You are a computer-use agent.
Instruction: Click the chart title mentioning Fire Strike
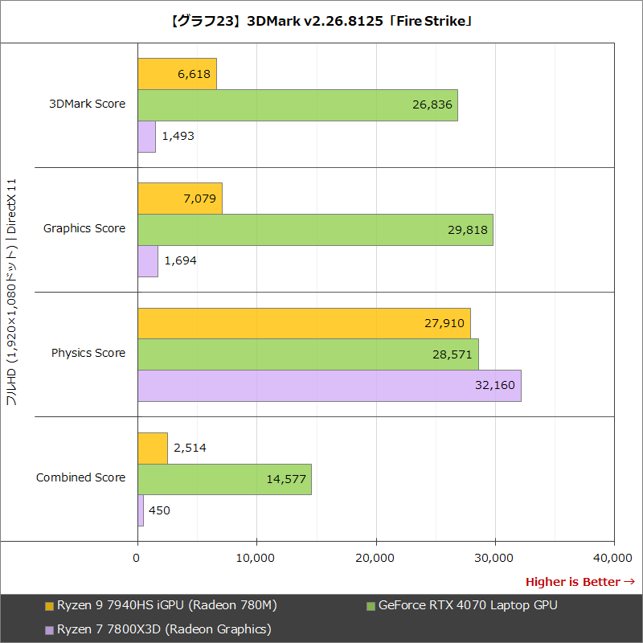[x=321, y=21]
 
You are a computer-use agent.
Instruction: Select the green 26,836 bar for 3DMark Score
[x=297, y=105]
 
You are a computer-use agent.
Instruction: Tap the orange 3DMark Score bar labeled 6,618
[x=177, y=74]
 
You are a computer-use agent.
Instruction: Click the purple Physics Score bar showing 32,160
[x=330, y=385]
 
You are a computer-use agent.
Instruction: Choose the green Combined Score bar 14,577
[x=224, y=479]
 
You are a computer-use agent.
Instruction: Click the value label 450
[x=159, y=510]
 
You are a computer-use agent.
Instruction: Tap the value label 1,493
[x=178, y=136]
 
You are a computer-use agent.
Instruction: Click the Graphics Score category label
[x=84, y=228]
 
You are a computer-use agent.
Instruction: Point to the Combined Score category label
[x=80, y=477]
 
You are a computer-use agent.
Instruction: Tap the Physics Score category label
[x=88, y=353]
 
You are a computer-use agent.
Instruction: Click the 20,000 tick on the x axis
[x=375, y=557]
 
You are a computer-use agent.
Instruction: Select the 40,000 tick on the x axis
[x=613, y=557]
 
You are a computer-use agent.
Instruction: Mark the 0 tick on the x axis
[x=137, y=557]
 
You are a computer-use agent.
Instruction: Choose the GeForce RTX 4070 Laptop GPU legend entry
[x=467, y=605]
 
